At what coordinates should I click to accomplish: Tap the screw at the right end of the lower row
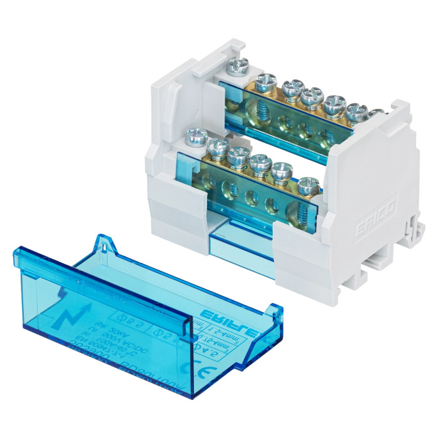307,186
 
